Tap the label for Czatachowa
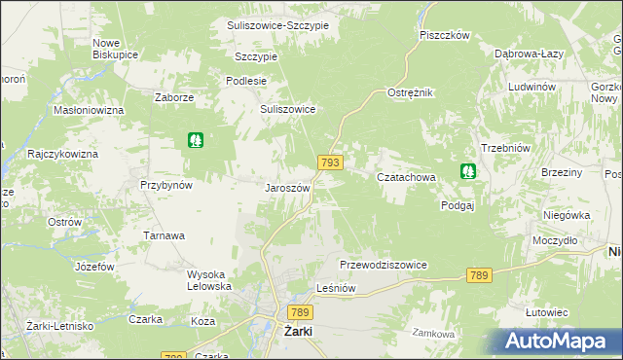tap(405, 177)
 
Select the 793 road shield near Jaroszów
tap(329, 163)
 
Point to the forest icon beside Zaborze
tap(196, 140)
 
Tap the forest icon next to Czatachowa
tap(468, 172)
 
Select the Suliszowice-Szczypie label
tap(277, 24)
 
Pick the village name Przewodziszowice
tap(384, 265)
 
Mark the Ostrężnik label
tap(410, 91)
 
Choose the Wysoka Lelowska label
tap(209, 280)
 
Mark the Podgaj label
tap(457, 205)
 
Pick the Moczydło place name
tap(556, 239)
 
